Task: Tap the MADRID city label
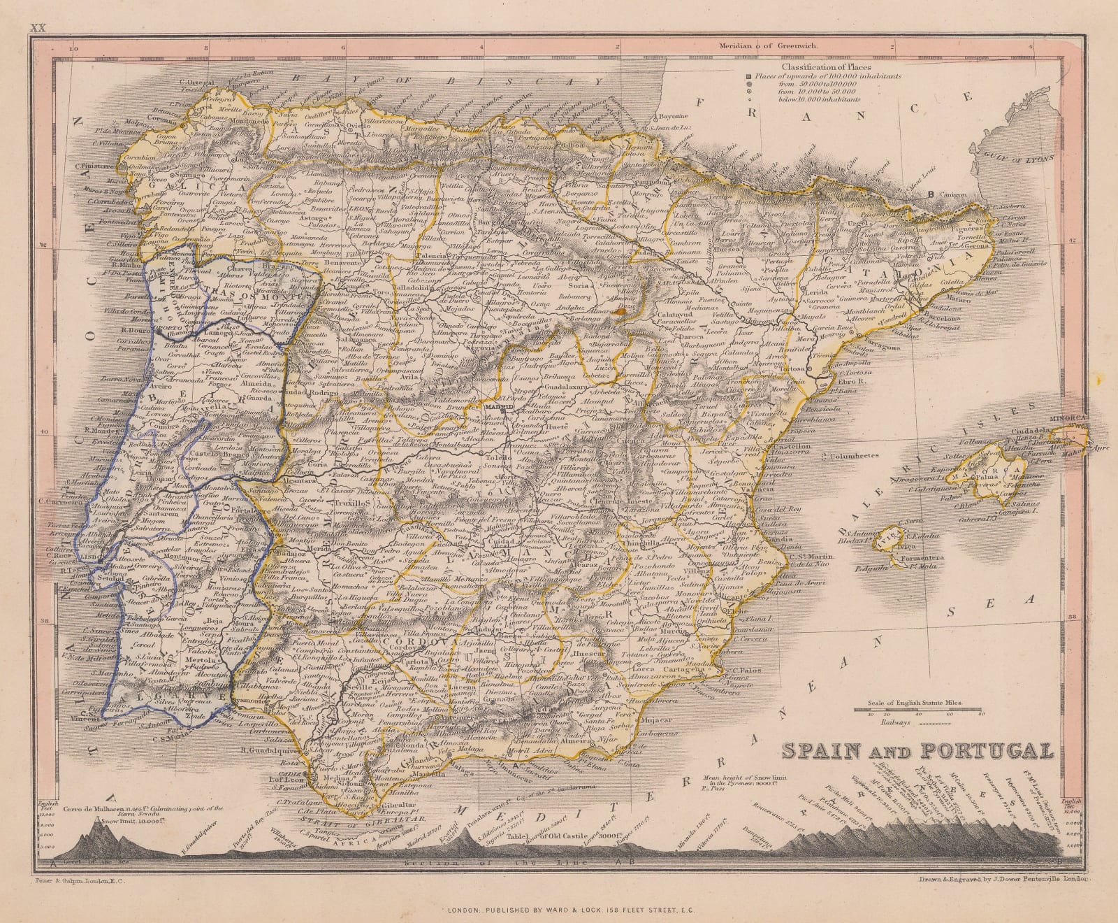tap(517, 406)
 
